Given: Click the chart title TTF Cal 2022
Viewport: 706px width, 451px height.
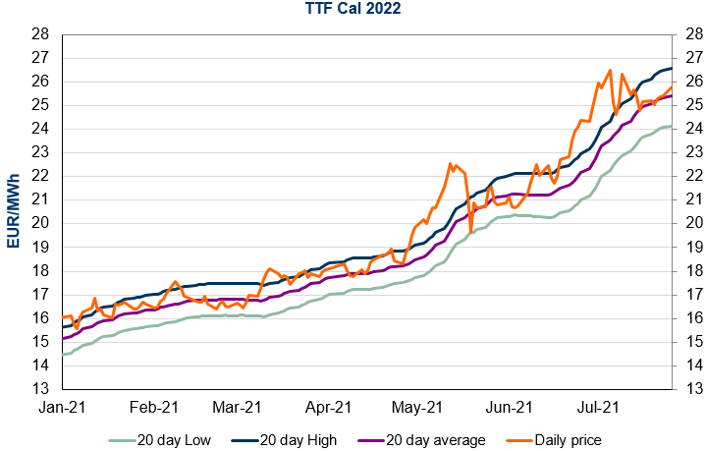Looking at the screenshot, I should [353, 11].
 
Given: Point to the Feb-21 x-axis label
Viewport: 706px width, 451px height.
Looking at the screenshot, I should [155, 406].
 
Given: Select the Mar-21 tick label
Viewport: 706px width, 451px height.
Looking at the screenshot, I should [239, 406].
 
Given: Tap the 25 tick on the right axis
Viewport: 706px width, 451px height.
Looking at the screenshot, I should [686, 105].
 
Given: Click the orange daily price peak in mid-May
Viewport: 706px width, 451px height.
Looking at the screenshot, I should [450, 164].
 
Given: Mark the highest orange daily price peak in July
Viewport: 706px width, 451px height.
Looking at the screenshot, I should [610, 70].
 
